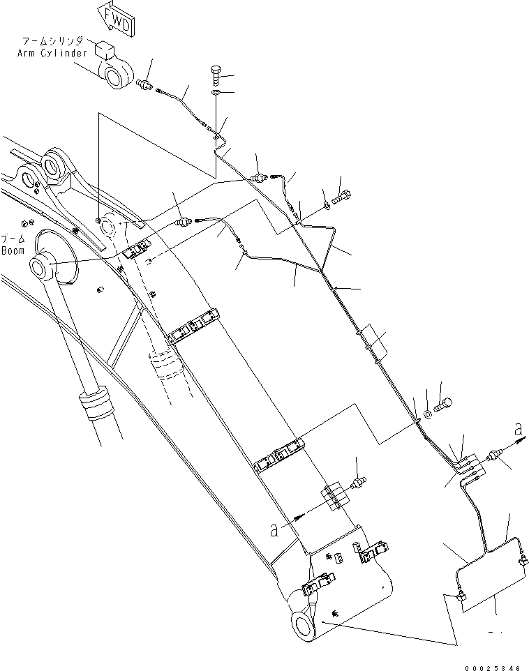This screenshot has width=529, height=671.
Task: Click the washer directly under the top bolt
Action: (x=216, y=91)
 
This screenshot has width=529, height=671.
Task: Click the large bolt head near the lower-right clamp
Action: (x=444, y=402)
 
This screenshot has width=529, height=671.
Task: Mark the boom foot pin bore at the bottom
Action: (x=302, y=622)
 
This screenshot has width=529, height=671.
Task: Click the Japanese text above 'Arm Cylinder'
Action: (x=53, y=43)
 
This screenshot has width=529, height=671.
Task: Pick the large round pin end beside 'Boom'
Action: (x=43, y=266)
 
